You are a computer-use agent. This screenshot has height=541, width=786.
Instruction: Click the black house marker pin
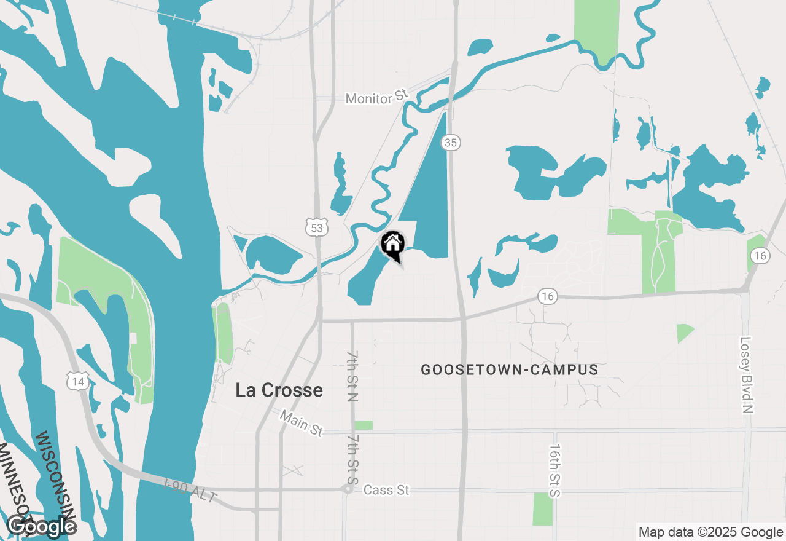(392, 245)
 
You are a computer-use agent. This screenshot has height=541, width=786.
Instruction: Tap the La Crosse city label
(279, 390)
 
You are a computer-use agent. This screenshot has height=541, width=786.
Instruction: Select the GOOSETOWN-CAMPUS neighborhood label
(510, 369)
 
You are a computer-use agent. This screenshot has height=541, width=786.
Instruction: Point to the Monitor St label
(376, 97)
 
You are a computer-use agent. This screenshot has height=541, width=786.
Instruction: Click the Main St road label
(301, 424)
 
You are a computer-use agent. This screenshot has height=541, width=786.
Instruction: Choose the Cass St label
(386, 490)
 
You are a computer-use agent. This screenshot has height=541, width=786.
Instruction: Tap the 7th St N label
(352, 377)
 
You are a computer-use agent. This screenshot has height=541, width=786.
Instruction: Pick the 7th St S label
(352, 459)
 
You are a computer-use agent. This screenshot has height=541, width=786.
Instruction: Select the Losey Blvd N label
(746, 374)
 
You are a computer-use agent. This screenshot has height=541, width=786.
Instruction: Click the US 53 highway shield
(316, 228)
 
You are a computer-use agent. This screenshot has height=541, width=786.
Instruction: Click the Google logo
(41, 526)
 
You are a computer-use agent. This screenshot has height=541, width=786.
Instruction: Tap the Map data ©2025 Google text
(710, 532)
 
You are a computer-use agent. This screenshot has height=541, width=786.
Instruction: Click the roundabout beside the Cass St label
(348, 489)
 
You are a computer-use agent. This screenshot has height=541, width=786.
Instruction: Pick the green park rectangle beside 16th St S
(543, 509)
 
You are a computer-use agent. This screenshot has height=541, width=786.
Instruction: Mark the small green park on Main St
(364, 425)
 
